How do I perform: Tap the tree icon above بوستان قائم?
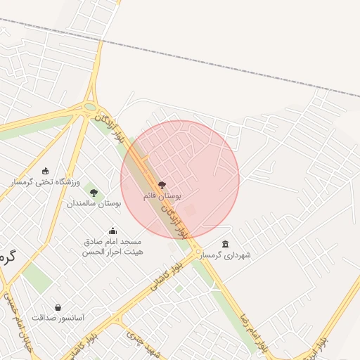coord(162,185)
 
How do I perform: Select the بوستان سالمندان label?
coord(94,202)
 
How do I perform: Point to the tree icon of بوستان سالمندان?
coord(94,192)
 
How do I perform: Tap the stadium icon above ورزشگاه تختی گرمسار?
coord(46,171)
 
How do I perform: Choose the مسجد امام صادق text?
coord(112,242)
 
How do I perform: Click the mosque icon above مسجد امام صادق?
coord(112,231)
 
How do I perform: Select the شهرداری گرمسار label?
coord(226,255)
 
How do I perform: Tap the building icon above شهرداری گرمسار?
coord(225,245)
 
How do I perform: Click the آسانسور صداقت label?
coord(58,318)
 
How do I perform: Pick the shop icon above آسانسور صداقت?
coord(58,307)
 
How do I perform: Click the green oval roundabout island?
coord(89,108)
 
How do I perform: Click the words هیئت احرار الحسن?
coord(112,252)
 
